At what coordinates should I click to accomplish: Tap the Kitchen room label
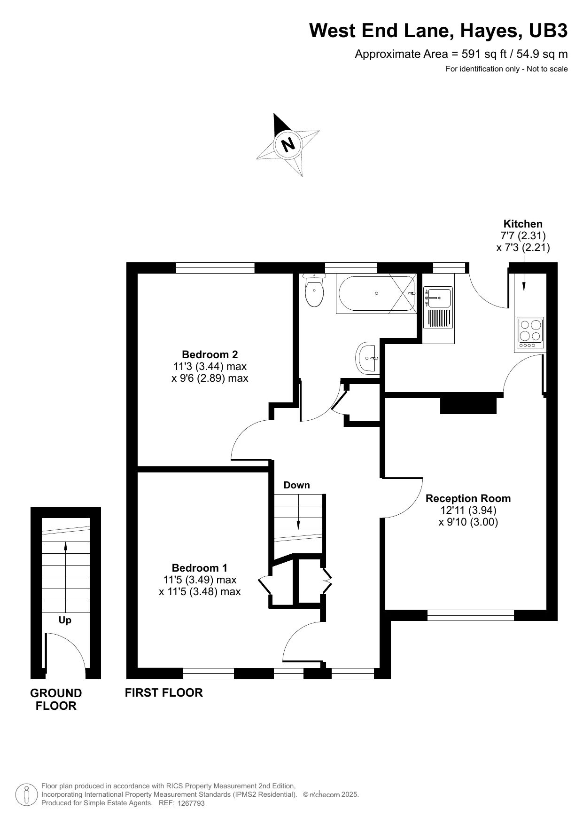point(523,224)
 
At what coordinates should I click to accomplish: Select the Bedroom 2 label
point(210,354)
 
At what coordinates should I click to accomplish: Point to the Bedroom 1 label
point(200,568)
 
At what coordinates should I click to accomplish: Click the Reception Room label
point(468,498)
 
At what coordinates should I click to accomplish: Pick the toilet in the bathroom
point(314,291)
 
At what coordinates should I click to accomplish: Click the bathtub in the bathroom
point(376,294)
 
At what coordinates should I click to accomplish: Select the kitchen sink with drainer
point(438,307)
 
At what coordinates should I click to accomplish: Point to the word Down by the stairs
point(297,485)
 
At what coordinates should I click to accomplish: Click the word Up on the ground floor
point(65,620)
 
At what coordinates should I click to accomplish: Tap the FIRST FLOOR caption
point(164,692)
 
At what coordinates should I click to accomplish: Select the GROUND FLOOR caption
point(56,699)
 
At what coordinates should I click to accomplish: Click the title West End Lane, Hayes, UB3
point(438,31)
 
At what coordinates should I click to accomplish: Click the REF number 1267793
point(191,803)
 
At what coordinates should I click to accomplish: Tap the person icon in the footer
point(27,794)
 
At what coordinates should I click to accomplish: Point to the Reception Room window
point(471,615)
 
